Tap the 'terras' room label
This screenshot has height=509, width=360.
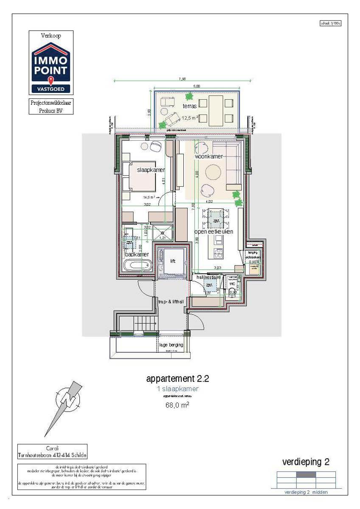tap(189, 106)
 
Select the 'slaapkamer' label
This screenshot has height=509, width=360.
tap(150, 170)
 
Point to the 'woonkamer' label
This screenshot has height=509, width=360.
tap(209, 157)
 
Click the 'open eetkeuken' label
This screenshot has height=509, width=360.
tap(214, 232)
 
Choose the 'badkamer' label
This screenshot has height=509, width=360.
tap(137, 254)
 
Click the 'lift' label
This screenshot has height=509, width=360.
tap(173, 261)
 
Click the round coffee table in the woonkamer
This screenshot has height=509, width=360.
tap(213, 172)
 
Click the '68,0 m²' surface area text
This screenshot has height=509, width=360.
tap(177, 405)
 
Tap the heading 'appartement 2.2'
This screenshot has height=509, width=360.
tap(177, 378)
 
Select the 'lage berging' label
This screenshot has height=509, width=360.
tap(171, 345)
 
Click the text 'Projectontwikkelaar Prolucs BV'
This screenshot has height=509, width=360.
tap(51, 106)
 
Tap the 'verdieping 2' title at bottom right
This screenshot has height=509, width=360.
tap(306, 462)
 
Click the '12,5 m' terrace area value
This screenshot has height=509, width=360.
tap(188, 118)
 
